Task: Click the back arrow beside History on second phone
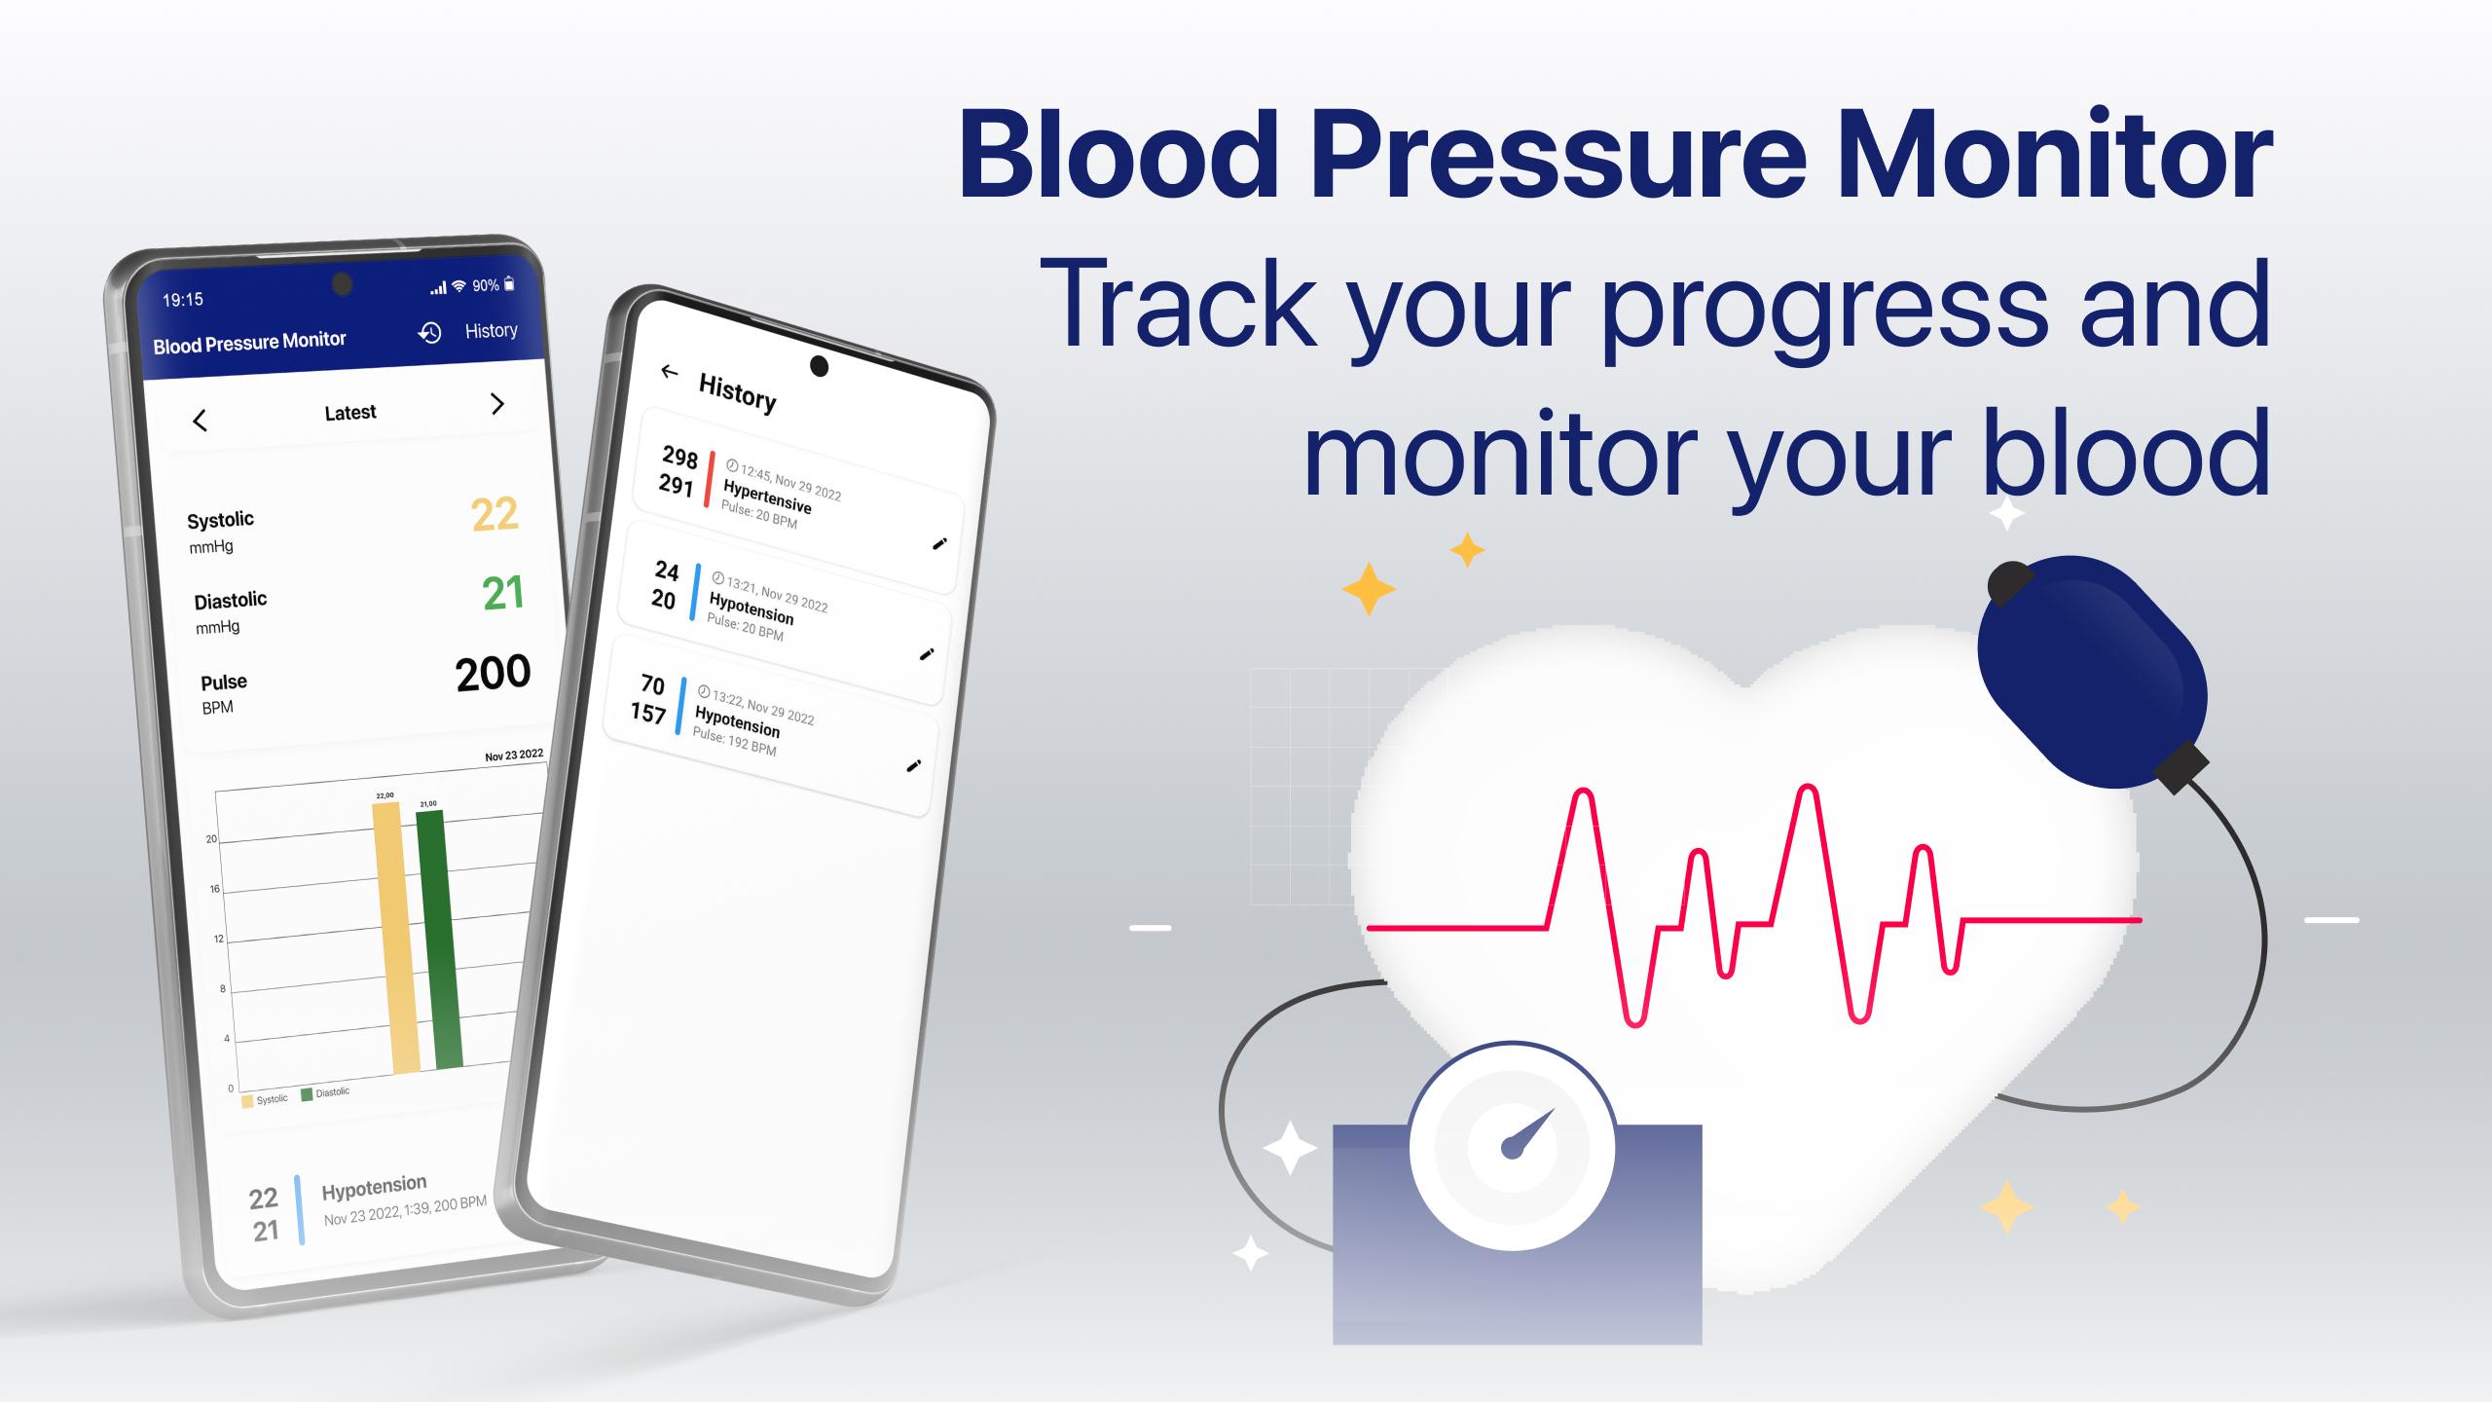(669, 371)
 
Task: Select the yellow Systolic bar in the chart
(395, 938)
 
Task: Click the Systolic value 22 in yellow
(495, 514)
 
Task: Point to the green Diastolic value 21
(503, 593)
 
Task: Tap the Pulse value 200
(493, 673)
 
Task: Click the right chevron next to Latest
(497, 403)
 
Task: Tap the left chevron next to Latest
(200, 421)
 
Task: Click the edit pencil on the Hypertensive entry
(939, 543)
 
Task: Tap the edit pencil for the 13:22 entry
(913, 766)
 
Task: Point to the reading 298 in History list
(680, 457)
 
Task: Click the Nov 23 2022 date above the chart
(514, 756)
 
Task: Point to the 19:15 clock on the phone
(183, 300)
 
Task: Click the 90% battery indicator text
(486, 285)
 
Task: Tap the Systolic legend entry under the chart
(265, 1100)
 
